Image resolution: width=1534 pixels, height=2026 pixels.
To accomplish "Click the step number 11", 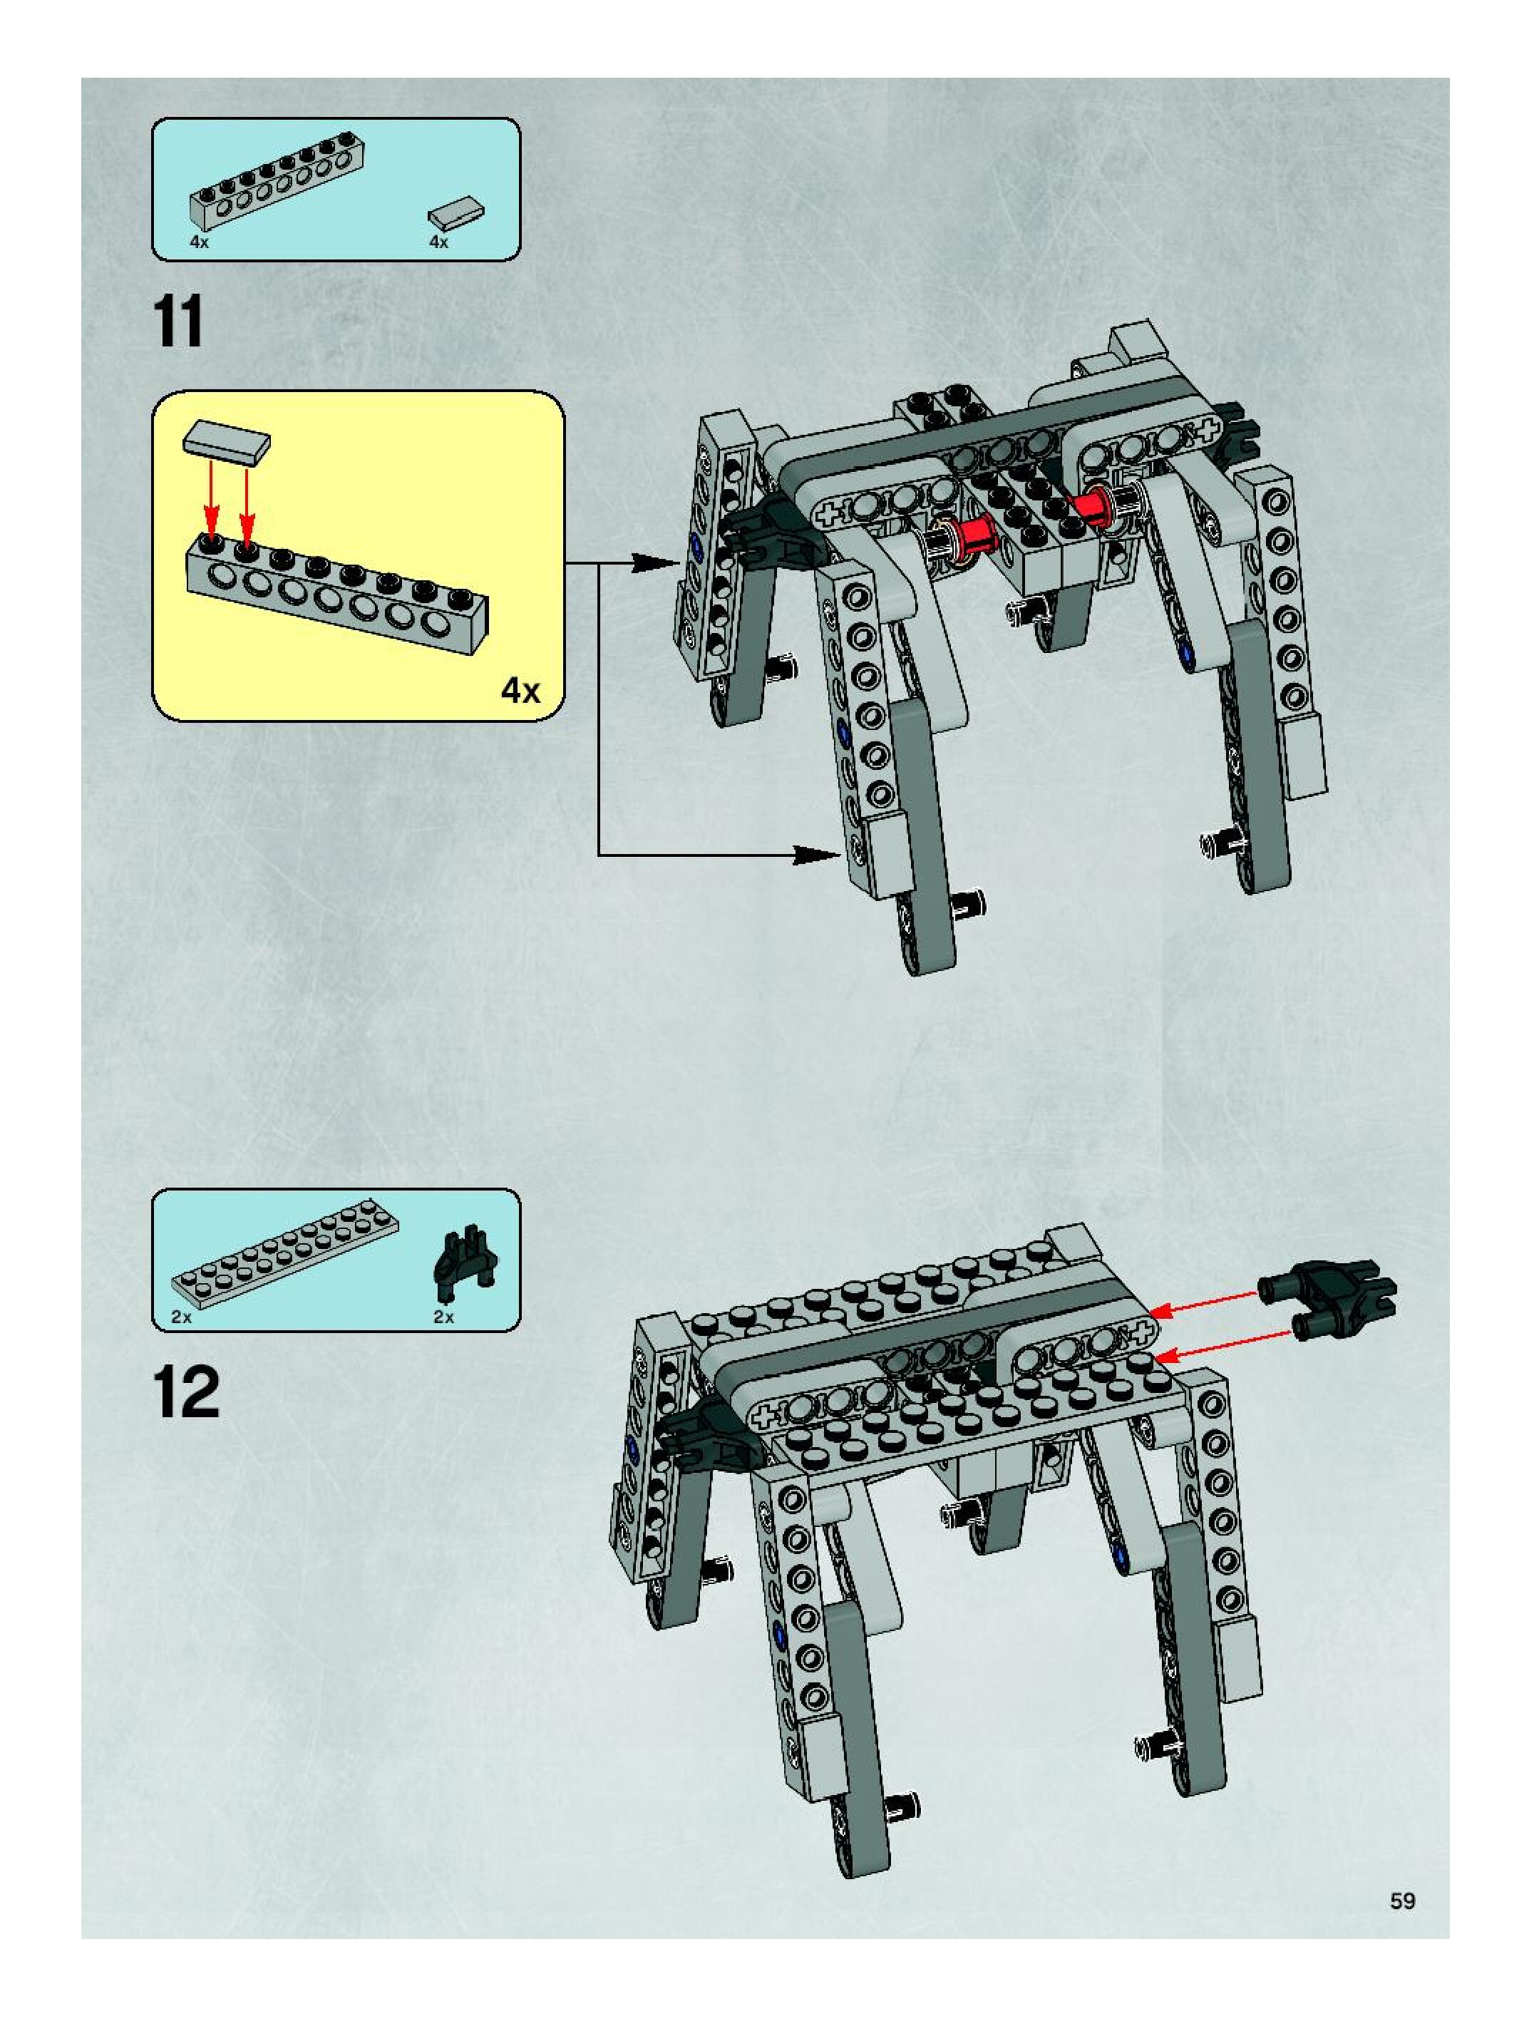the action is [180, 322].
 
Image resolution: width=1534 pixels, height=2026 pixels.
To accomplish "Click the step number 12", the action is [187, 1392].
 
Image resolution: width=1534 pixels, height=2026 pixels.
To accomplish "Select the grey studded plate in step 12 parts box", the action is [285, 1264].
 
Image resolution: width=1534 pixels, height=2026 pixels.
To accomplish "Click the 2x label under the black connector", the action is [443, 1317].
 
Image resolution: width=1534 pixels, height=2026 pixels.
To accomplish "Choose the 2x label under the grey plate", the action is [181, 1317].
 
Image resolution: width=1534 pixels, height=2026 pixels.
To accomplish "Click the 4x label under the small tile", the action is [438, 242].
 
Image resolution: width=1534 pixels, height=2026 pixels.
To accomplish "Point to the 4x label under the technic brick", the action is [199, 242].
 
